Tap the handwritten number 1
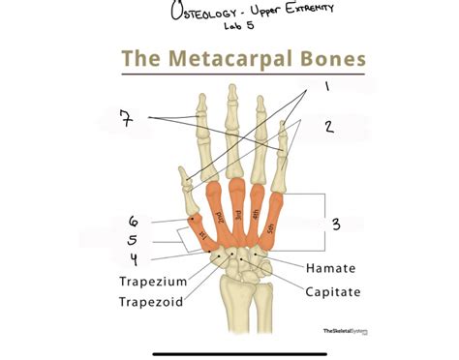[326, 86]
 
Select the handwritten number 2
[328, 126]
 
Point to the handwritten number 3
[335, 225]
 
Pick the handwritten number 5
[134, 240]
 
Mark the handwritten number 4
[135, 258]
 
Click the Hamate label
[330, 268]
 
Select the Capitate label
[334, 291]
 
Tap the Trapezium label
[153, 282]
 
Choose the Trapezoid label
[153, 302]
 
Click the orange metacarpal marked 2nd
[219, 218]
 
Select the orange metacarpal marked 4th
[257, 218]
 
